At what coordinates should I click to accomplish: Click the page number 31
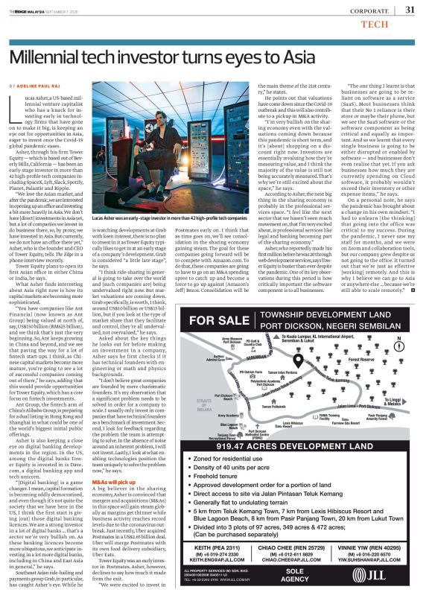tap(410, 10)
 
